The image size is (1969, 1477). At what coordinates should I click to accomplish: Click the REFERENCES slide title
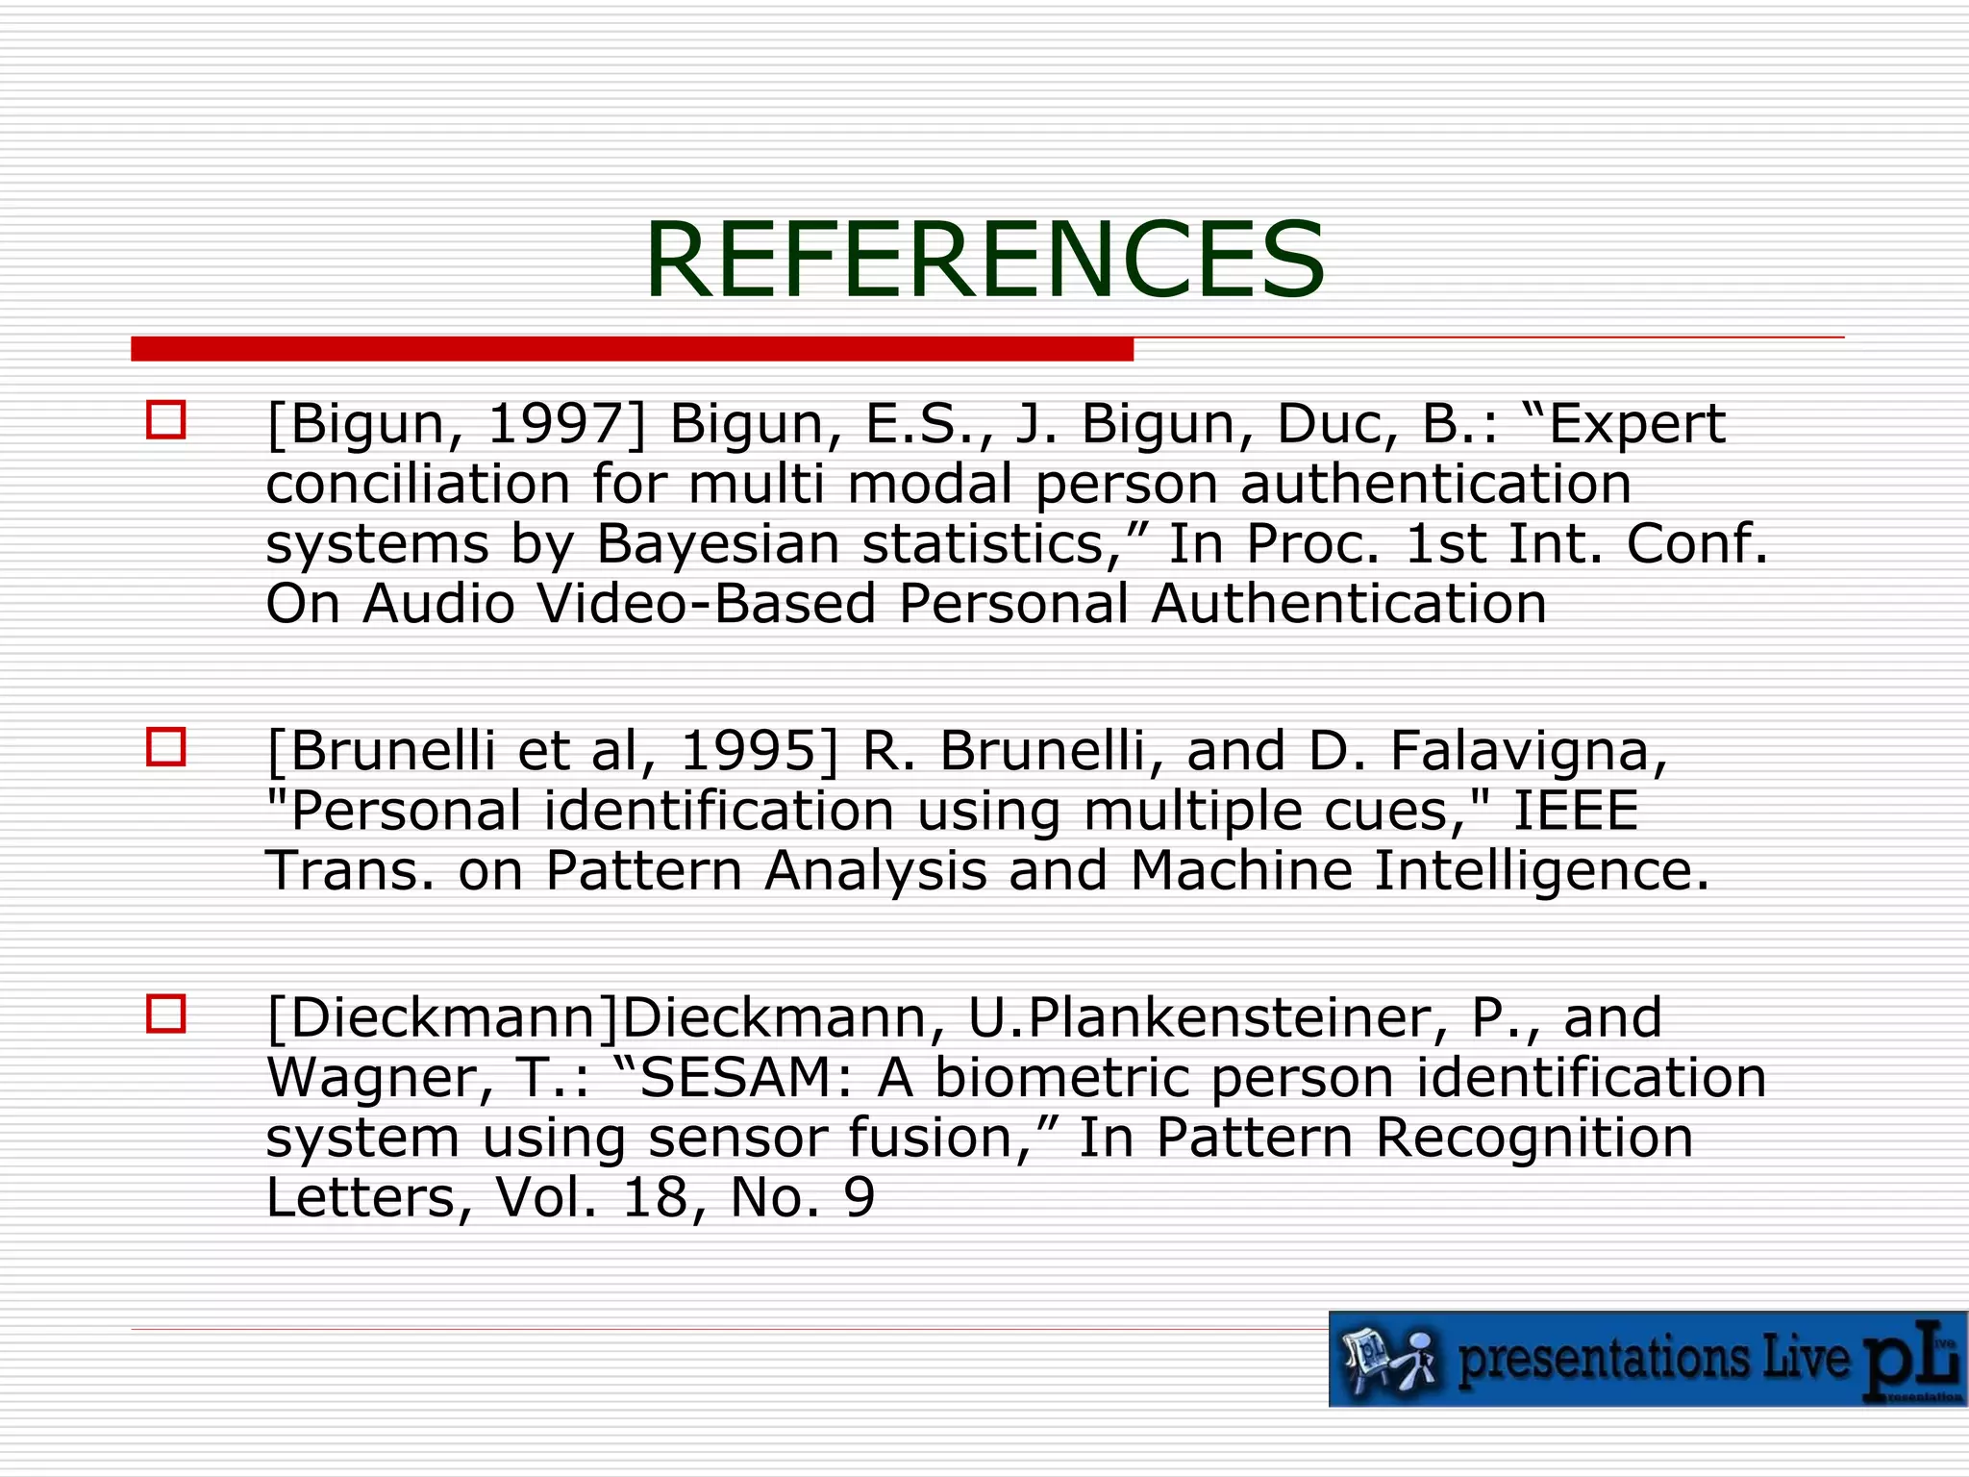[984, 260]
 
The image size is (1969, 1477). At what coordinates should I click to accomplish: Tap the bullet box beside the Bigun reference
[165, 420]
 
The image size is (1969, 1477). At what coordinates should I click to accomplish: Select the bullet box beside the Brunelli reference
[165, 747]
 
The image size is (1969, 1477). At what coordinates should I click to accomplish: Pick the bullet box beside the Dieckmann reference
[165, 1014]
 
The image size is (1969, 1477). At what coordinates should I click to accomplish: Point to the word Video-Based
[707, 604]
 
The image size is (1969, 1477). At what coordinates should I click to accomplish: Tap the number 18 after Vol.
[655, 1197]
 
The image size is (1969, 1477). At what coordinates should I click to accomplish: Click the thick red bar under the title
[632, 349]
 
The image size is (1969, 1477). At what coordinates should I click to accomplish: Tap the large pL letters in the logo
[1908, 1361]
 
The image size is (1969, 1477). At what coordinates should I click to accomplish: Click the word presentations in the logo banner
[1606, 1359]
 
